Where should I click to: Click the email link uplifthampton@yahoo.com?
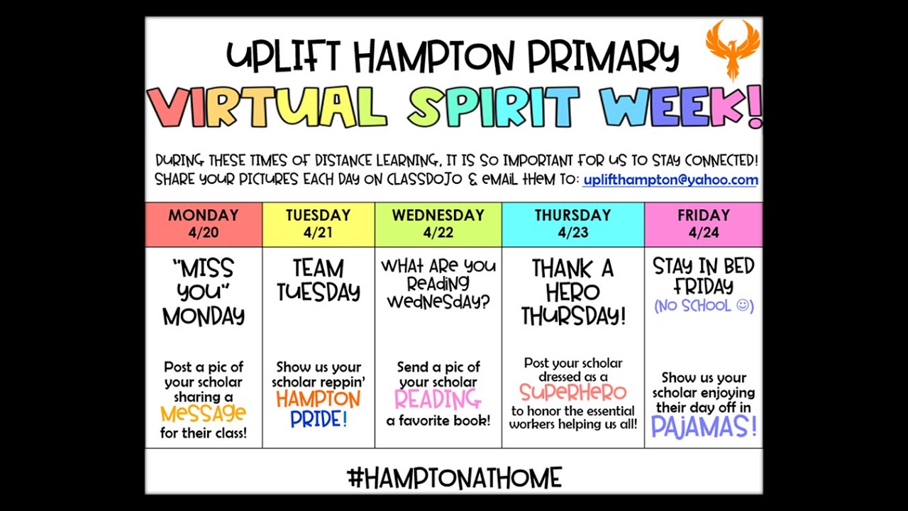[x=670, y=180]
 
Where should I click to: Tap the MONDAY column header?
[x=204, y=215]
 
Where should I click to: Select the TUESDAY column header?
[x=318, y=215]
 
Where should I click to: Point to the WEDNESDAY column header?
[x=438, y=215]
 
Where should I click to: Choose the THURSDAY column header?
[x=572, y=215]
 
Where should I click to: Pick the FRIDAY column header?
[x=703, y=215]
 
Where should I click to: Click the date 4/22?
[x=438, y=232]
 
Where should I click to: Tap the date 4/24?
[x=703, y=232]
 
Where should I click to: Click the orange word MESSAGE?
[x=204, y=414]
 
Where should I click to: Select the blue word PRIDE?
[x=319, y=419]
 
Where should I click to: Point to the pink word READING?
[x=438, y=400]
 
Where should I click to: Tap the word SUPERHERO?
[x=572, y=392]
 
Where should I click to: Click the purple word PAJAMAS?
[x=704, y=427]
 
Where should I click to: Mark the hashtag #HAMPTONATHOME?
[x=454, y=478]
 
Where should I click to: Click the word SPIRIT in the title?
[x=494, y=106]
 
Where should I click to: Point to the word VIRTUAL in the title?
[x=267, y=106]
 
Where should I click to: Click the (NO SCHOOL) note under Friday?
[x=704, y=306]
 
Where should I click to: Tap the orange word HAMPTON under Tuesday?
[x=319, y=400]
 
